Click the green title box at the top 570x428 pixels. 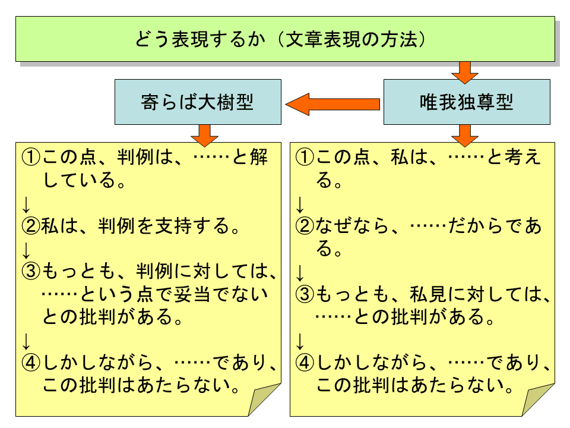coord(285,39)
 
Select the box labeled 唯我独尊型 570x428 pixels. coord(466,102)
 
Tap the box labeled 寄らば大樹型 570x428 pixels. coord(198,102)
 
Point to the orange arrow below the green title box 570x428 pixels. coord(464,71)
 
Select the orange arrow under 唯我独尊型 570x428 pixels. coord(464,135)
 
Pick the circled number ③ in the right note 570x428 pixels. coord(304,294)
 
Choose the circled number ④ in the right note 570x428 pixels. coord(304,362)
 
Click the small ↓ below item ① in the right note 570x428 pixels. coord(300,204)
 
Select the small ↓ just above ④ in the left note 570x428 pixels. coord(26,341)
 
